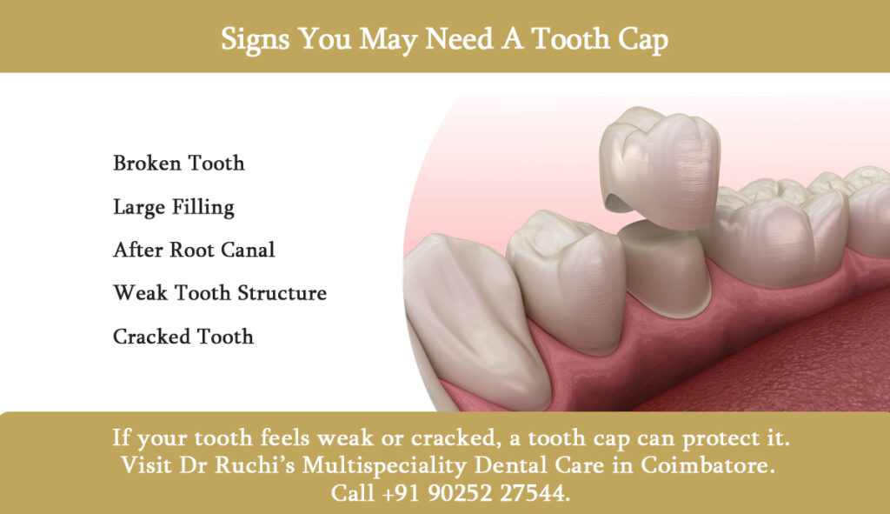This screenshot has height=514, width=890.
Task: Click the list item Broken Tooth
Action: coord(178,164)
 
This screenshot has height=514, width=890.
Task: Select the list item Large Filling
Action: coord(173,208)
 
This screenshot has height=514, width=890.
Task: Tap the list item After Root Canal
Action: coord(194,250)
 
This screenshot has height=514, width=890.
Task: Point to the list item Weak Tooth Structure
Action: coord(220,293)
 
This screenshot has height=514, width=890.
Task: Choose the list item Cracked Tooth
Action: coord(183,337)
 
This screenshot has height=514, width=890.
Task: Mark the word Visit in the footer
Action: coord(144,465)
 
